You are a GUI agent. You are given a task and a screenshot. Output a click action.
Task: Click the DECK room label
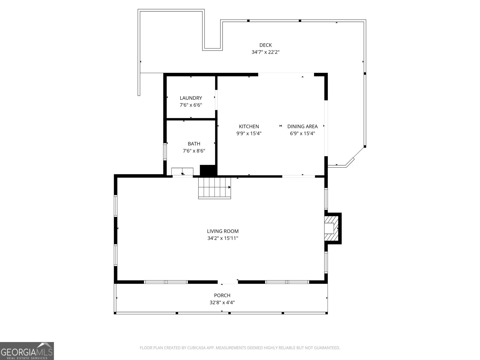coord(265,45)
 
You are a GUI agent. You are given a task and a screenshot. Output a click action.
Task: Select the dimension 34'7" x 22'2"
coord(265,52)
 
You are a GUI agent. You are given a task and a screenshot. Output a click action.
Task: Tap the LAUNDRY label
coord(191,98)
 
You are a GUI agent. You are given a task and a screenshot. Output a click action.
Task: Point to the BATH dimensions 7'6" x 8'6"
coord(194,151)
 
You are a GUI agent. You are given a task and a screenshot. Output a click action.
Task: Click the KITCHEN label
coord(249,127)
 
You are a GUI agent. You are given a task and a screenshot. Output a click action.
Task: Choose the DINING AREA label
coord(302,127)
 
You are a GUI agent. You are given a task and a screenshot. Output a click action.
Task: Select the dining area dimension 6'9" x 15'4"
coord(302,133)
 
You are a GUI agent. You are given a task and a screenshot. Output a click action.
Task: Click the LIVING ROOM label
coord(223,231)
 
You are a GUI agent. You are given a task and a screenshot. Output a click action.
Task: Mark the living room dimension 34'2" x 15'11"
coord(223,238)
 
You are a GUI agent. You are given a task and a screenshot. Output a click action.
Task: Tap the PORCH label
coord(222,295)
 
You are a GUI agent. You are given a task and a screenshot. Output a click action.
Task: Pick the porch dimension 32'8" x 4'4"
coord(222,303)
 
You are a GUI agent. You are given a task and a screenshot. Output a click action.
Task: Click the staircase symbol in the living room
coord(214,187)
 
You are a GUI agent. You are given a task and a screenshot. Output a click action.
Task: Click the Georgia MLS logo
coord(27,351)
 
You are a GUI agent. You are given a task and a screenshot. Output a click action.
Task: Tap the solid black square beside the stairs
coord(208,170)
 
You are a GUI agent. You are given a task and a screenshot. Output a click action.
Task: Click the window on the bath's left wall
coord(165,151)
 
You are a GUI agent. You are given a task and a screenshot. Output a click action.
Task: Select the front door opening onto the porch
coord(228,282)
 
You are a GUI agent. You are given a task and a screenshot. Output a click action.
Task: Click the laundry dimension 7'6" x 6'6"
coord(191,105)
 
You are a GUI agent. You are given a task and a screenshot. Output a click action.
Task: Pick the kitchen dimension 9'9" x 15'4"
coord(249,133)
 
